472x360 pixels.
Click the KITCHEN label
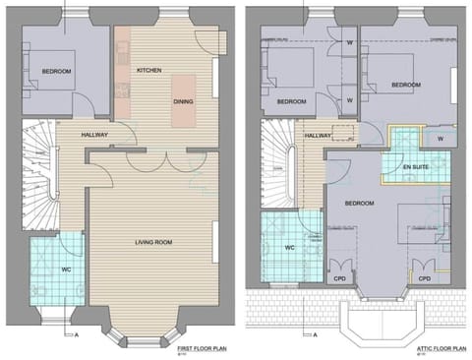[x=148, y=71]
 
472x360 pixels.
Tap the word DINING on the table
[x=183, y=101]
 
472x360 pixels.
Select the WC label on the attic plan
[x=290, y=248]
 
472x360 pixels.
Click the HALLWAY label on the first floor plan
[x=88, y=135]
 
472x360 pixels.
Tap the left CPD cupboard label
[x=342, y=278]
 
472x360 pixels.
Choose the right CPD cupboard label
[x=425, y=278]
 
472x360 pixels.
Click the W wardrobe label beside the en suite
[x=440, y=139]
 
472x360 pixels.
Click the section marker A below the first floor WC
[x=75, y=334]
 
